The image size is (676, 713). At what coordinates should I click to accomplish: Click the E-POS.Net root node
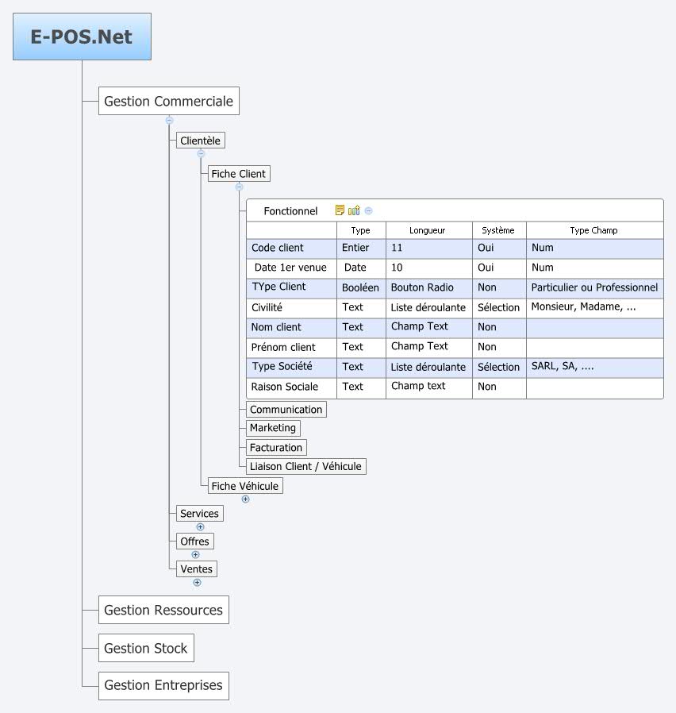click(x=82, y=37)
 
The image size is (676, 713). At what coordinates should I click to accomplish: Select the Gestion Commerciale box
click(x=168, y=101)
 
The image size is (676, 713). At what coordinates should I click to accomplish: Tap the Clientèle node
click(x=200, y=141)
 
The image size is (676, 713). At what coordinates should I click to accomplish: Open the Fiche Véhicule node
click(x=244, y=486)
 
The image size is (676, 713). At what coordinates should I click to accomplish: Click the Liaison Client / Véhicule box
click(x=305, y=466)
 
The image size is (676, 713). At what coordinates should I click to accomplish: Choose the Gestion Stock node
click(x=145, y=648)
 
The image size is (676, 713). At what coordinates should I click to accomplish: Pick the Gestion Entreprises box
click(x=163, y=685)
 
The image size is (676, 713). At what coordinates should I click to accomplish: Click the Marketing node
click(x=273, y=428)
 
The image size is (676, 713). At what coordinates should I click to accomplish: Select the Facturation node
click(x=275, y=447)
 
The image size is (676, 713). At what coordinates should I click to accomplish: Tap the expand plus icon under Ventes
click(x=197, y=582)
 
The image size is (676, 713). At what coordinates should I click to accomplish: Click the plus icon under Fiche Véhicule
click(x=245, y=499)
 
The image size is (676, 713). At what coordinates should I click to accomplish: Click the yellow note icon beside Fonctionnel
click(x=340, y=210)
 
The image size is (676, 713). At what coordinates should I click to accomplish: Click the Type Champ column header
click(x=593, y=230)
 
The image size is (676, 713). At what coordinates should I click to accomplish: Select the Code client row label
click(x=278, y=248)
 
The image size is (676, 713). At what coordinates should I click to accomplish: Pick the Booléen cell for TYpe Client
click(x=360, y=287)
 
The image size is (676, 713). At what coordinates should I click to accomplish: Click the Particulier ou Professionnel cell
click(x=594, y=287)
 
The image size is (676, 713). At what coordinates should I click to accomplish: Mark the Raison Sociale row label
click(x=284, y=387)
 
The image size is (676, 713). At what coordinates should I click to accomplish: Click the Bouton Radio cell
click(x=422, y=287)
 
